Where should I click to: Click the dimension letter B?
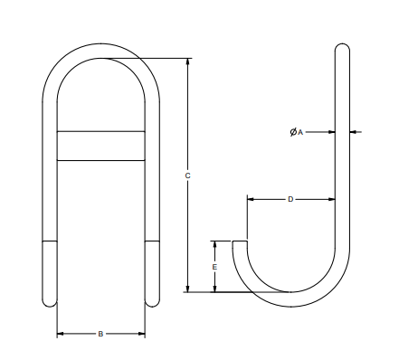pos(101,334)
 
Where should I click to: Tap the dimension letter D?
pos(290,199)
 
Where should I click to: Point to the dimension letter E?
pos(214,268)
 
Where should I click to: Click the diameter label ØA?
pos(296,132)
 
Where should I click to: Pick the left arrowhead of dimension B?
pos(61,334)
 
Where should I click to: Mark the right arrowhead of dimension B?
pos(142,334)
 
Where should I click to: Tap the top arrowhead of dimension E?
pos(214,243)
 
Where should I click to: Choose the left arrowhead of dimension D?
pos(251,199)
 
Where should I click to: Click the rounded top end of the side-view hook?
pos(343,47)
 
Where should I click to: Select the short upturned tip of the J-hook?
pos(240,243)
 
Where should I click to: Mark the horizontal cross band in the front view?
pos(101,147)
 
